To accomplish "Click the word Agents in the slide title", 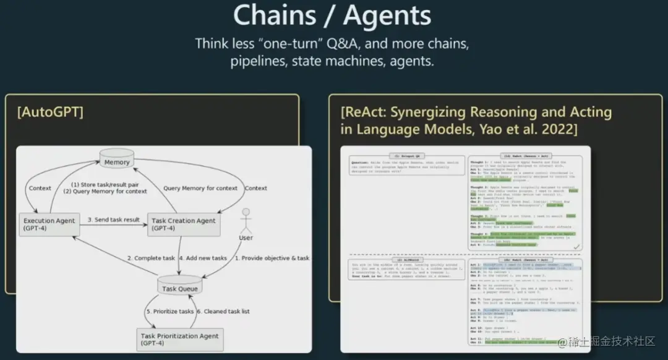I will [x=387, y=16].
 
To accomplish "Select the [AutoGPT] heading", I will [x=51, y=113].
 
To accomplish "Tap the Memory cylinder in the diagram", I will [x=117, y=160].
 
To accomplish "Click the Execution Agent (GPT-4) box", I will [x=49, y=225].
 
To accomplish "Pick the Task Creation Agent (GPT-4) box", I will [x=184, y=225].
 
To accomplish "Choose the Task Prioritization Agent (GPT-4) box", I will [x=180, y=340].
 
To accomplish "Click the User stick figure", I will [x=246, y=222].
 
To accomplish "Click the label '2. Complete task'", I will [x=151, y=258].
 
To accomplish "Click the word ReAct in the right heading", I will [x=362, y=113].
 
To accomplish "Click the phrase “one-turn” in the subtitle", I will [x=288, y=44].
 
